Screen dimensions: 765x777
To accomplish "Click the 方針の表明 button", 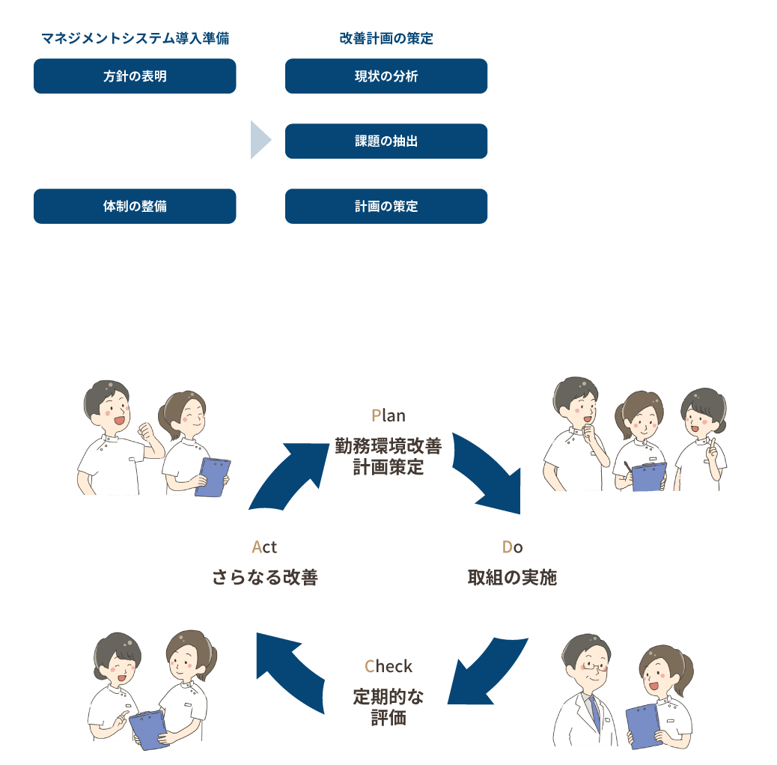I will click(x=135, y=76).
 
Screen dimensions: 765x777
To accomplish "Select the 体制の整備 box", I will click(x=135, y=206).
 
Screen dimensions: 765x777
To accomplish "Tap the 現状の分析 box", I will click(x=386, y=76).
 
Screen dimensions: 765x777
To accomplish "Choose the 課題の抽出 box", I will click(x=386, y=141).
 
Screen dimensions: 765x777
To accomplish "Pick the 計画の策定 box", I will click(x=386, y=206).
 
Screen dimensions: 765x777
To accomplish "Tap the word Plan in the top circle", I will click(x=388, y=415).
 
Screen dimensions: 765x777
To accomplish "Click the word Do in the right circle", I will click(x=512, y=548).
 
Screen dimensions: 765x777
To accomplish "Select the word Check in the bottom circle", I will click(x=388, y=666).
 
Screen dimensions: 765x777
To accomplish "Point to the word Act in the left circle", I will click(x=264, y=548).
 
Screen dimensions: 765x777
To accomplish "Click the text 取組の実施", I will click(x=512, y=577).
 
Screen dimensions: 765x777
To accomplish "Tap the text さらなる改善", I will click(x=264, y=577).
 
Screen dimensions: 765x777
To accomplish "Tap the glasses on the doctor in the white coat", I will click(x=594, y=664).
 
